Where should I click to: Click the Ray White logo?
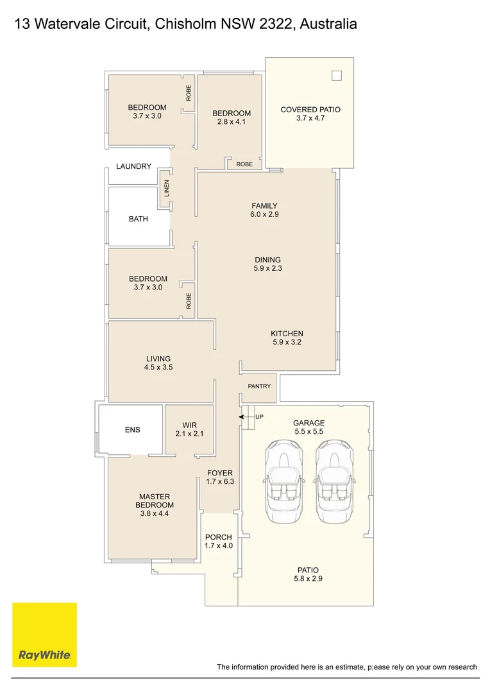pos(44,635)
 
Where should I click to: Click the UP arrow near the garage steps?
pos(244,417)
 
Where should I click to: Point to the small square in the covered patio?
pos(337,76)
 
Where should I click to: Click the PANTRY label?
pos(259,386)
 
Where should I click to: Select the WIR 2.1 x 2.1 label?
pos(189,430)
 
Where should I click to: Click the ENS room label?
pos(132,430)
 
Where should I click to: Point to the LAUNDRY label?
pos(133,166)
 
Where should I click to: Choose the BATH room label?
pos(138,219)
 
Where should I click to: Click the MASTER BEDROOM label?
pos(154,501)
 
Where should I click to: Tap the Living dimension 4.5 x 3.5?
pos(158,368)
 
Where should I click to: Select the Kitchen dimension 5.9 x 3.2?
pos(287,343)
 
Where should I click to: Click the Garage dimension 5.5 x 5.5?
pos(308,432)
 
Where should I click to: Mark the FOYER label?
pos(219,473)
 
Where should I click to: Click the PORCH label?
pos(218,537)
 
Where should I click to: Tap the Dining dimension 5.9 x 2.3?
pos(267,269)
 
